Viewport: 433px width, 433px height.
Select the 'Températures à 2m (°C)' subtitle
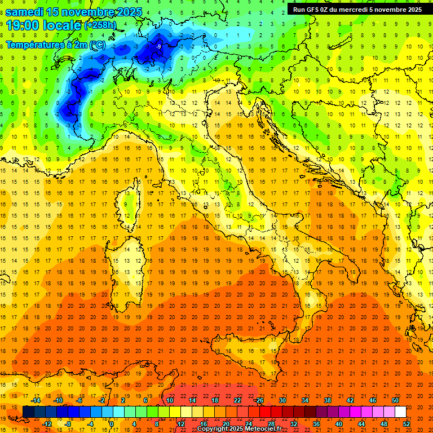55,44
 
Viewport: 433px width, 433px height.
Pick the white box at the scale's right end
400,412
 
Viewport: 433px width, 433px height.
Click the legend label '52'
407,424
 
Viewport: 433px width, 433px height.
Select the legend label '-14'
35,400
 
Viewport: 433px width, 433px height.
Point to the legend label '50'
395,400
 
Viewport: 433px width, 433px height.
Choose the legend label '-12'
47,424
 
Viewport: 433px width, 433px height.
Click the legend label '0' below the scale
112,424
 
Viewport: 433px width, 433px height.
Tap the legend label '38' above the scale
328,400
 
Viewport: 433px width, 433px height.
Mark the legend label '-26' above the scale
259,400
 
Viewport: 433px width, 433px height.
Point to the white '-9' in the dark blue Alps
159,46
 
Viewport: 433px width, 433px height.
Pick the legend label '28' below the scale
271,424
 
